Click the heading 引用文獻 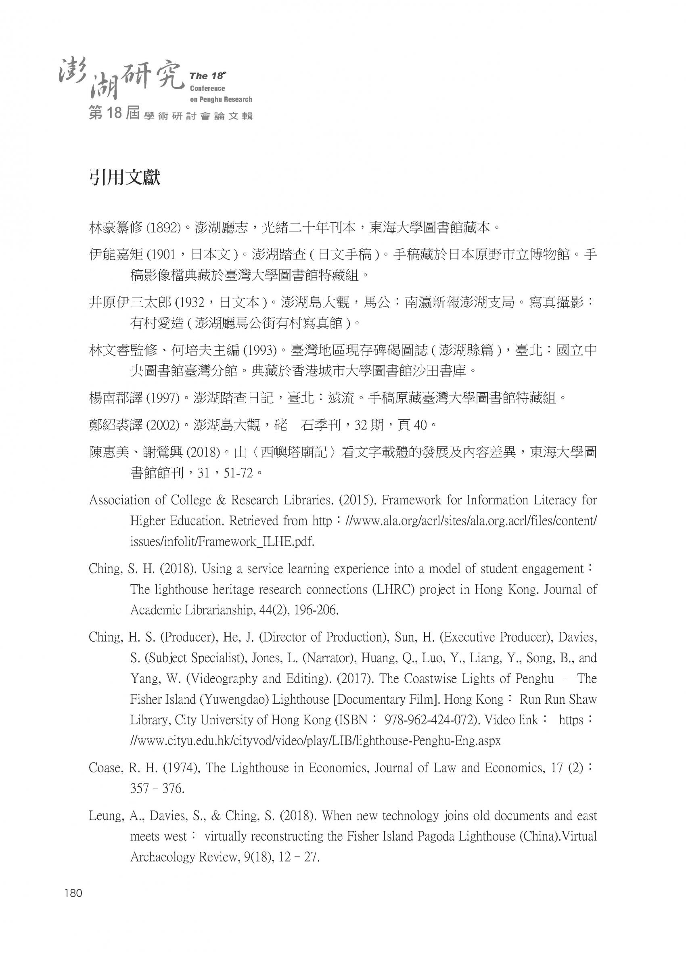125,178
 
